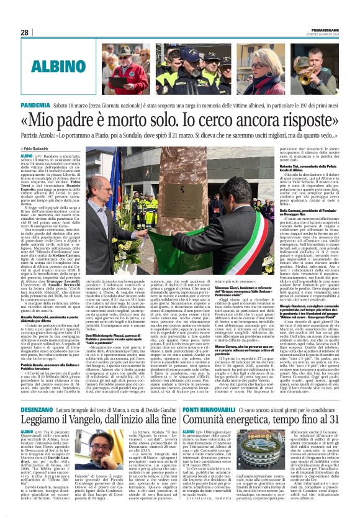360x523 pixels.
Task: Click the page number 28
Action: click(25, 32)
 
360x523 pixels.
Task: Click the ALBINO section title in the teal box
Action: click(61, 65)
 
